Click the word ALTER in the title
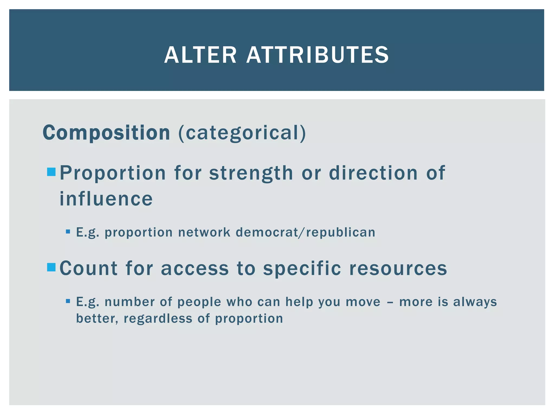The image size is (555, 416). [x=200, y=55]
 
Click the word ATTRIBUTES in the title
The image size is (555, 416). [x=317, y=55]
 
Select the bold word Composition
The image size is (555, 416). [x=106, y=133]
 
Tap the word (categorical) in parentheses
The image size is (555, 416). [x=242, y=133]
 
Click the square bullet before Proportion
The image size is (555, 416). [x=51, y=172]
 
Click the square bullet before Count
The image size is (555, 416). [x=51, y=267]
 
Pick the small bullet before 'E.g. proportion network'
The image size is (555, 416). [x=68, y=232]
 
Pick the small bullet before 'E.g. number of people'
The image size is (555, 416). [x=68, y=301]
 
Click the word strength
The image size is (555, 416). [x=251, y=173]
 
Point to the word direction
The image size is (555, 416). [x=373, y=173]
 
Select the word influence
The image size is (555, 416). [x=106, y=199]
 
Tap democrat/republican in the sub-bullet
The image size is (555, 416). [x=305, y=232]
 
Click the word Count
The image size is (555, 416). [x=88, y=268]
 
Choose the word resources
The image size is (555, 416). [x=398, y=268]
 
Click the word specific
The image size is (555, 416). [x=302, y=268]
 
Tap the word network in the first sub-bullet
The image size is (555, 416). [x=204, y=232]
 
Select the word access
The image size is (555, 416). [x=195, y=268]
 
